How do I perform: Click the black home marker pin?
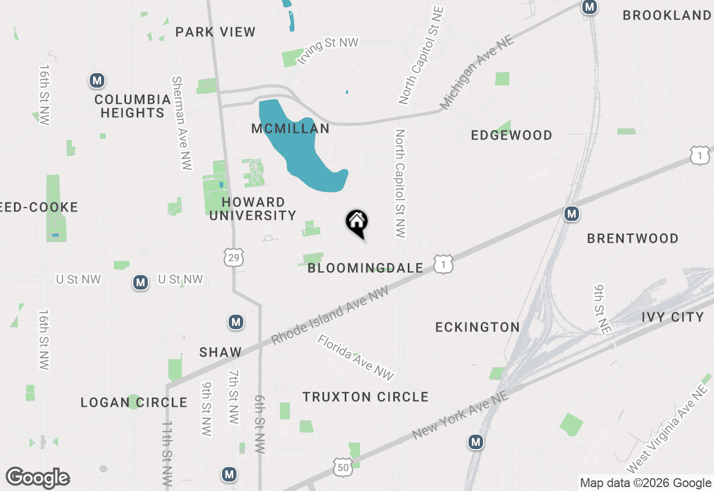click(x=357, y=223)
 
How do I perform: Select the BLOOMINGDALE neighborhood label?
click(x=365, y=268)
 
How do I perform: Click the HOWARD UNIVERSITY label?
click(x=253, y=209)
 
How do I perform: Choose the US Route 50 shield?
click(x=342, y=468)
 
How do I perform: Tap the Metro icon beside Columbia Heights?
click(x=98, y=81)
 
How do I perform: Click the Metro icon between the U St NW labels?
click(x=141, y=283)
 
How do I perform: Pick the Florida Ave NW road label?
click(x=356, y=357)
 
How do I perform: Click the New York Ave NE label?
click(x=460, y=415)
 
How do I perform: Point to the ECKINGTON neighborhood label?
click(x=477, y=327)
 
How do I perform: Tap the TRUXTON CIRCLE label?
click(x=365, y=397)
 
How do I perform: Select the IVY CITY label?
click(x=673, y=317)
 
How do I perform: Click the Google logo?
click(x=38, y=478)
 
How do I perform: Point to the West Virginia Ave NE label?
click(x=667, y=430)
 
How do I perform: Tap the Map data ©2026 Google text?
click(x=645, y=483)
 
